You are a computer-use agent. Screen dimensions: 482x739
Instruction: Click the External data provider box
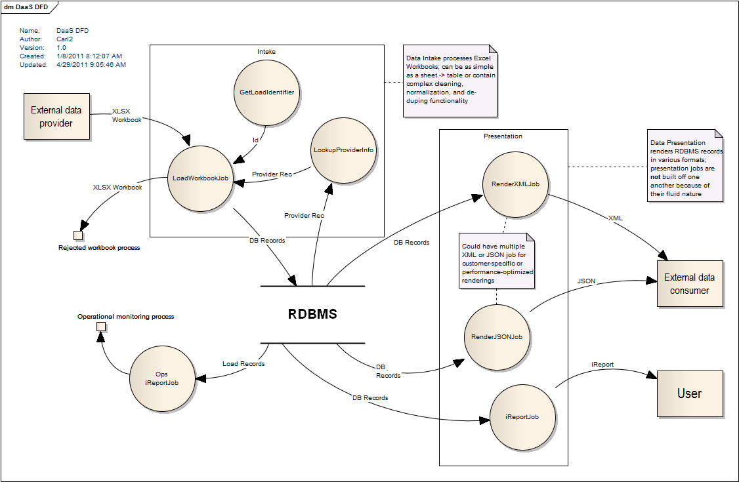56,116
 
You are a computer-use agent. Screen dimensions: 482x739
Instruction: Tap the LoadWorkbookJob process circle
200,178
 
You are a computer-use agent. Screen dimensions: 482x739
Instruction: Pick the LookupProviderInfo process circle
343,150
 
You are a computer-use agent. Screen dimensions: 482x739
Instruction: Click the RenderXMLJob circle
515,185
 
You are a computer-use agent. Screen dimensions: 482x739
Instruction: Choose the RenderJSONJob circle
497,336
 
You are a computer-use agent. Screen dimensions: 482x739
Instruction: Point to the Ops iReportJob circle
163,378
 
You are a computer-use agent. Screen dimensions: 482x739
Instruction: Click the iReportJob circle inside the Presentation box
523,417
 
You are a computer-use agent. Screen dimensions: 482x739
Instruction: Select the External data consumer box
690,283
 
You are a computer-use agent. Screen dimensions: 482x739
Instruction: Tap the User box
689,393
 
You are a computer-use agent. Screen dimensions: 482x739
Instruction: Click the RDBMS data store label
312,314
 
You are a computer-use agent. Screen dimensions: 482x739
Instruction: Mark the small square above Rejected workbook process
78,235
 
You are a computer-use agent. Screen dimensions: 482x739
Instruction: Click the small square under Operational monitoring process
101,327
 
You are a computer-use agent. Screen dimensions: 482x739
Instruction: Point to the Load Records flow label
243,363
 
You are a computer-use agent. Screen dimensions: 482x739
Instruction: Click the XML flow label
616,218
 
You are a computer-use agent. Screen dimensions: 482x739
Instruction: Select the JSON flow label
586,281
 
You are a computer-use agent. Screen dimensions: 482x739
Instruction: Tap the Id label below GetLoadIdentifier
256,140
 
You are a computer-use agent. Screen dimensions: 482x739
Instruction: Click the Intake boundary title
266,51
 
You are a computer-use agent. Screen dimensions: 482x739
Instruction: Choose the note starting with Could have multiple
497,259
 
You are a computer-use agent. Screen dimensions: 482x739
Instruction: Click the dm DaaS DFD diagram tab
28,7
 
